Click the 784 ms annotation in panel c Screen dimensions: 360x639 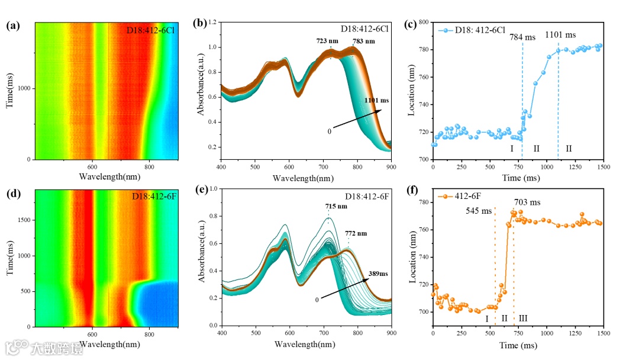(x=522, y=37)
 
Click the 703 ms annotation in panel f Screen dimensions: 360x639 (x=527, y=202)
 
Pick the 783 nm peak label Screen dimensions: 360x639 (x=363, y=41)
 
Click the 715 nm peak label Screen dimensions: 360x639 (x=335, y=206)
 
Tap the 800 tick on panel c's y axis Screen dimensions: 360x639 (x=422, y=22)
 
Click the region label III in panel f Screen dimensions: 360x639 (x=522, y=319)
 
